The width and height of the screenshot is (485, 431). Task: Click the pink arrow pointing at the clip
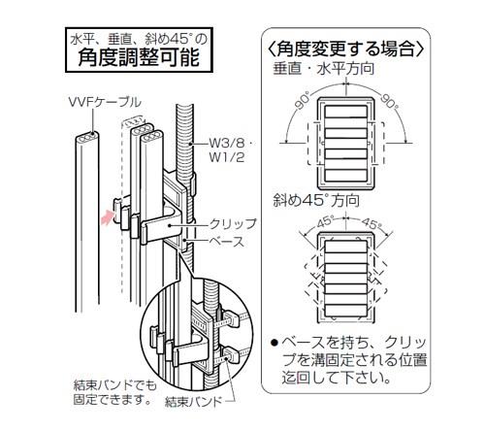pyautogui.click(x=108, y=216)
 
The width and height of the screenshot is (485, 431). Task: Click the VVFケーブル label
pyautogui.click(x=105, y=102)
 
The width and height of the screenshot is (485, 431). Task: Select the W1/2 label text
pyautogui.click(x=227, y=157)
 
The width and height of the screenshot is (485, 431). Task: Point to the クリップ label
pyautogui.click(x=233, y=224)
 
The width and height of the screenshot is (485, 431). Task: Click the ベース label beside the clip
pyautogui.click(x=226, y=242)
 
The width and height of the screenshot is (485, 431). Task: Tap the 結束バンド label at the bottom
pyautogui.click(x=193, y=402)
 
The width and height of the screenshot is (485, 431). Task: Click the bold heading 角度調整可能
pyautogui.click(x=139, y=57)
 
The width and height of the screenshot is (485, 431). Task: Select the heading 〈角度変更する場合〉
pyautogui.click(x=345, y=49)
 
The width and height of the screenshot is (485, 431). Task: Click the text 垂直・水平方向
pyautogui.click(x=324, y=69)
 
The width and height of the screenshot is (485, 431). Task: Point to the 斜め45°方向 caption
pyautogui.click(x=316, y=200)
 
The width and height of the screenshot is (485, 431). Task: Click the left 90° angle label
pyautogui.click(x=302, y=100)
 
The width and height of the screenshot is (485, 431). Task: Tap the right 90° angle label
pyautogui.click(x=389, y=101)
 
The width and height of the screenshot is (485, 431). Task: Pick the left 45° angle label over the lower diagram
pyautogui.click(x=325, y=222)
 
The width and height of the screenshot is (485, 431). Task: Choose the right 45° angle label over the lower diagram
pyautogui.click(x=372, y=223)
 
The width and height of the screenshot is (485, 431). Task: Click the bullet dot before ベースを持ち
pyautogui.click(x=275, y=343)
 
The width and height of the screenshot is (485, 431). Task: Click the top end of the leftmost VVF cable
pyautogui.click(x=87, y=137)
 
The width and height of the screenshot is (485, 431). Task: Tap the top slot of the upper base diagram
pyautogui.click(x=345, y=112)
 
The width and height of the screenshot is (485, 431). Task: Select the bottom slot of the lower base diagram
pyautogui.click(x=345, y=311)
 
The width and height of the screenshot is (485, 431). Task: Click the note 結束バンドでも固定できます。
pyautogui.click(x=114, y=392)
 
